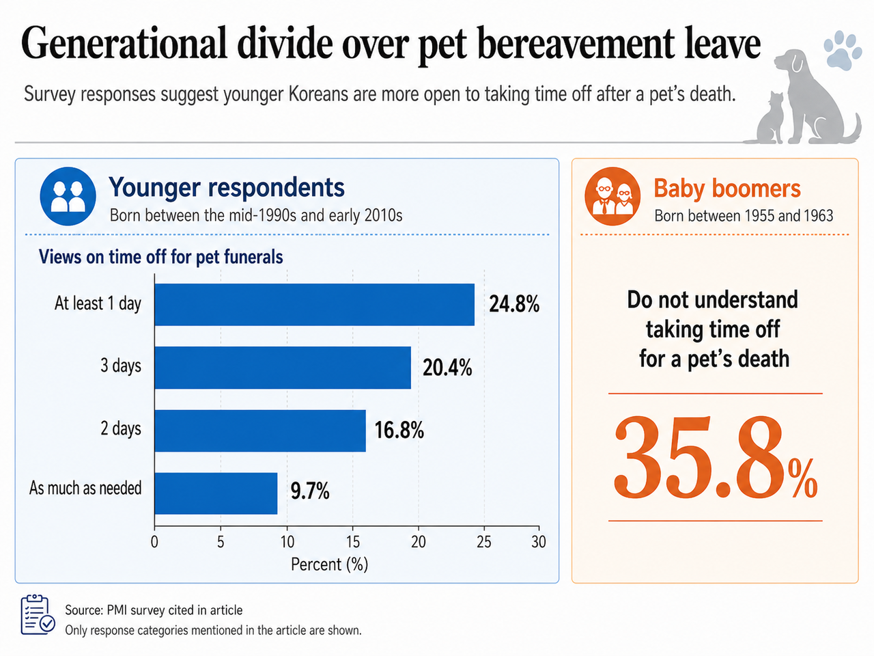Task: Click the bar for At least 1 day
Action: (x=315, y=305)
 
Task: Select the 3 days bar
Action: (x=283, y=368)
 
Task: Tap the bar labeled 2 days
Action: (x=260, y=430)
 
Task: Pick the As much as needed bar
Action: (x=216, y=493)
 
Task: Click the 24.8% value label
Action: (x=514, y=304)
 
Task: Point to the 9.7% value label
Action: (x=310, y=491)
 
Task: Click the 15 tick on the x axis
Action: (x=353, y=542)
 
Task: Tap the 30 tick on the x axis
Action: (x=539, y=542)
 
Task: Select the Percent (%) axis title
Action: (x=330, y=564)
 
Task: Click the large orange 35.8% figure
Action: (x=716, y=457)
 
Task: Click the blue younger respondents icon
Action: (x=68, y=196)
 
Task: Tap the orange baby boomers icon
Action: (x=612, y=196)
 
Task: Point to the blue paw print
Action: (x=842, y=50)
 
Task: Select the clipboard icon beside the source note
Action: (x=38, y=615)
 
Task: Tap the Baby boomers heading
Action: (x=727, y=188)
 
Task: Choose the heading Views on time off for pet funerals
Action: (x=161, y=257)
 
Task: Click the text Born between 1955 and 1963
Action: (x=744, y=216)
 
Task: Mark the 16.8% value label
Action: (x=399, y=430)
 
